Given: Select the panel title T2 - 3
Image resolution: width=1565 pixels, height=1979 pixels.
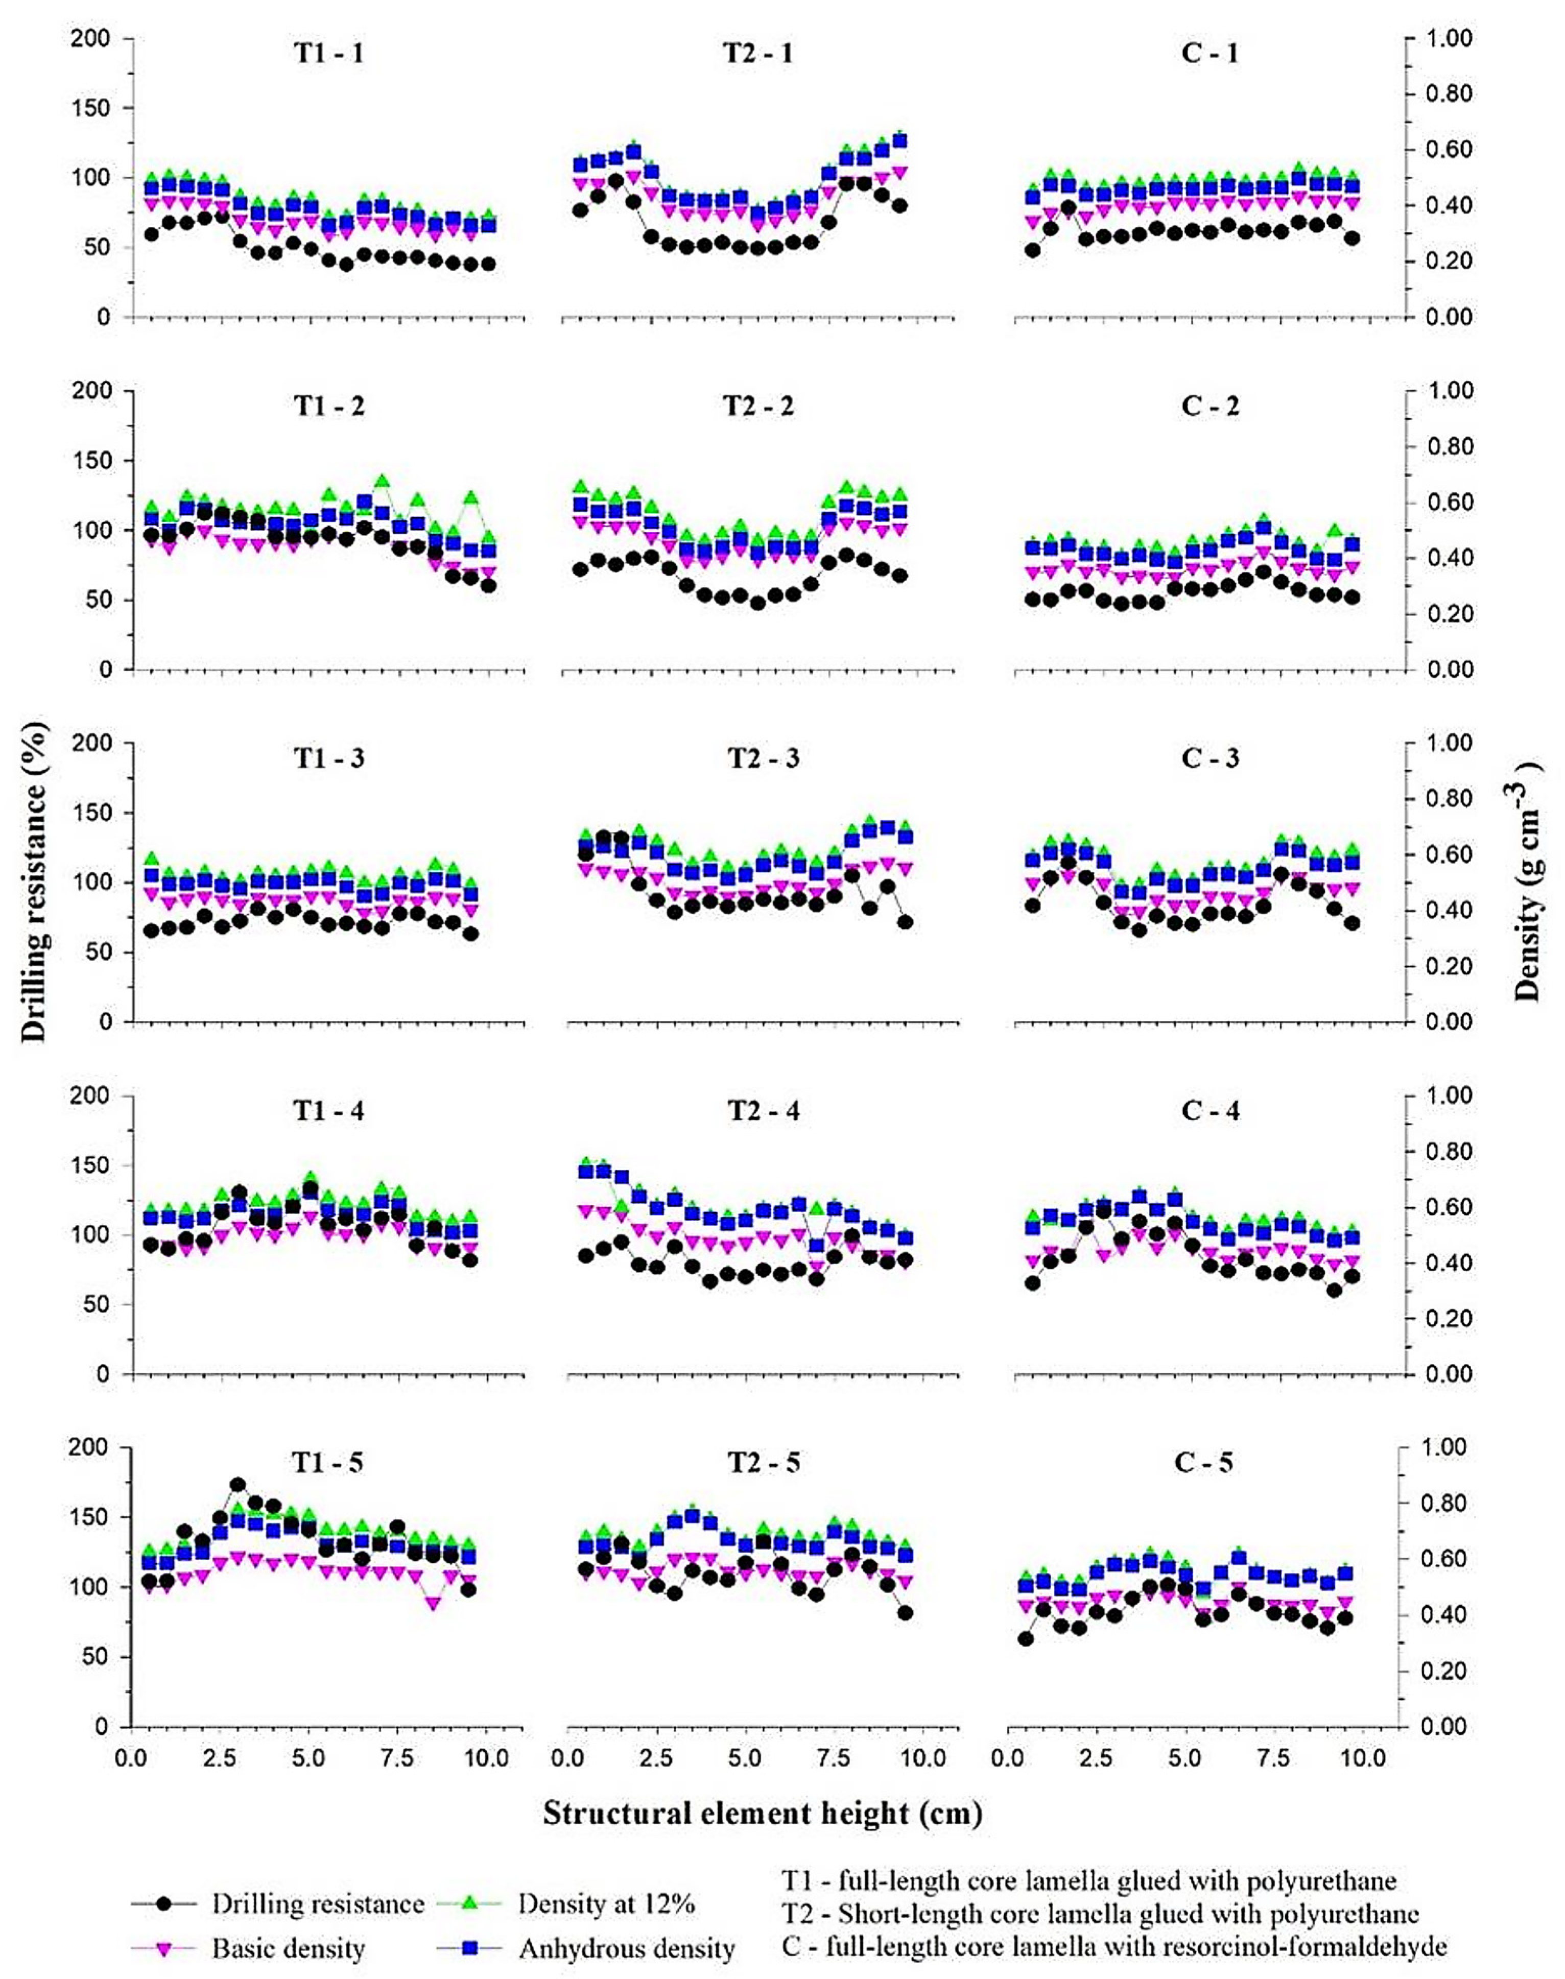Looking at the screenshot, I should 763,758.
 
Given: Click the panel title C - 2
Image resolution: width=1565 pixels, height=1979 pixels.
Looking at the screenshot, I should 1210,406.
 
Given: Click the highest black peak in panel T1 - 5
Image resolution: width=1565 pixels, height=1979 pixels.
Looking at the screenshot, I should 238,1484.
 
